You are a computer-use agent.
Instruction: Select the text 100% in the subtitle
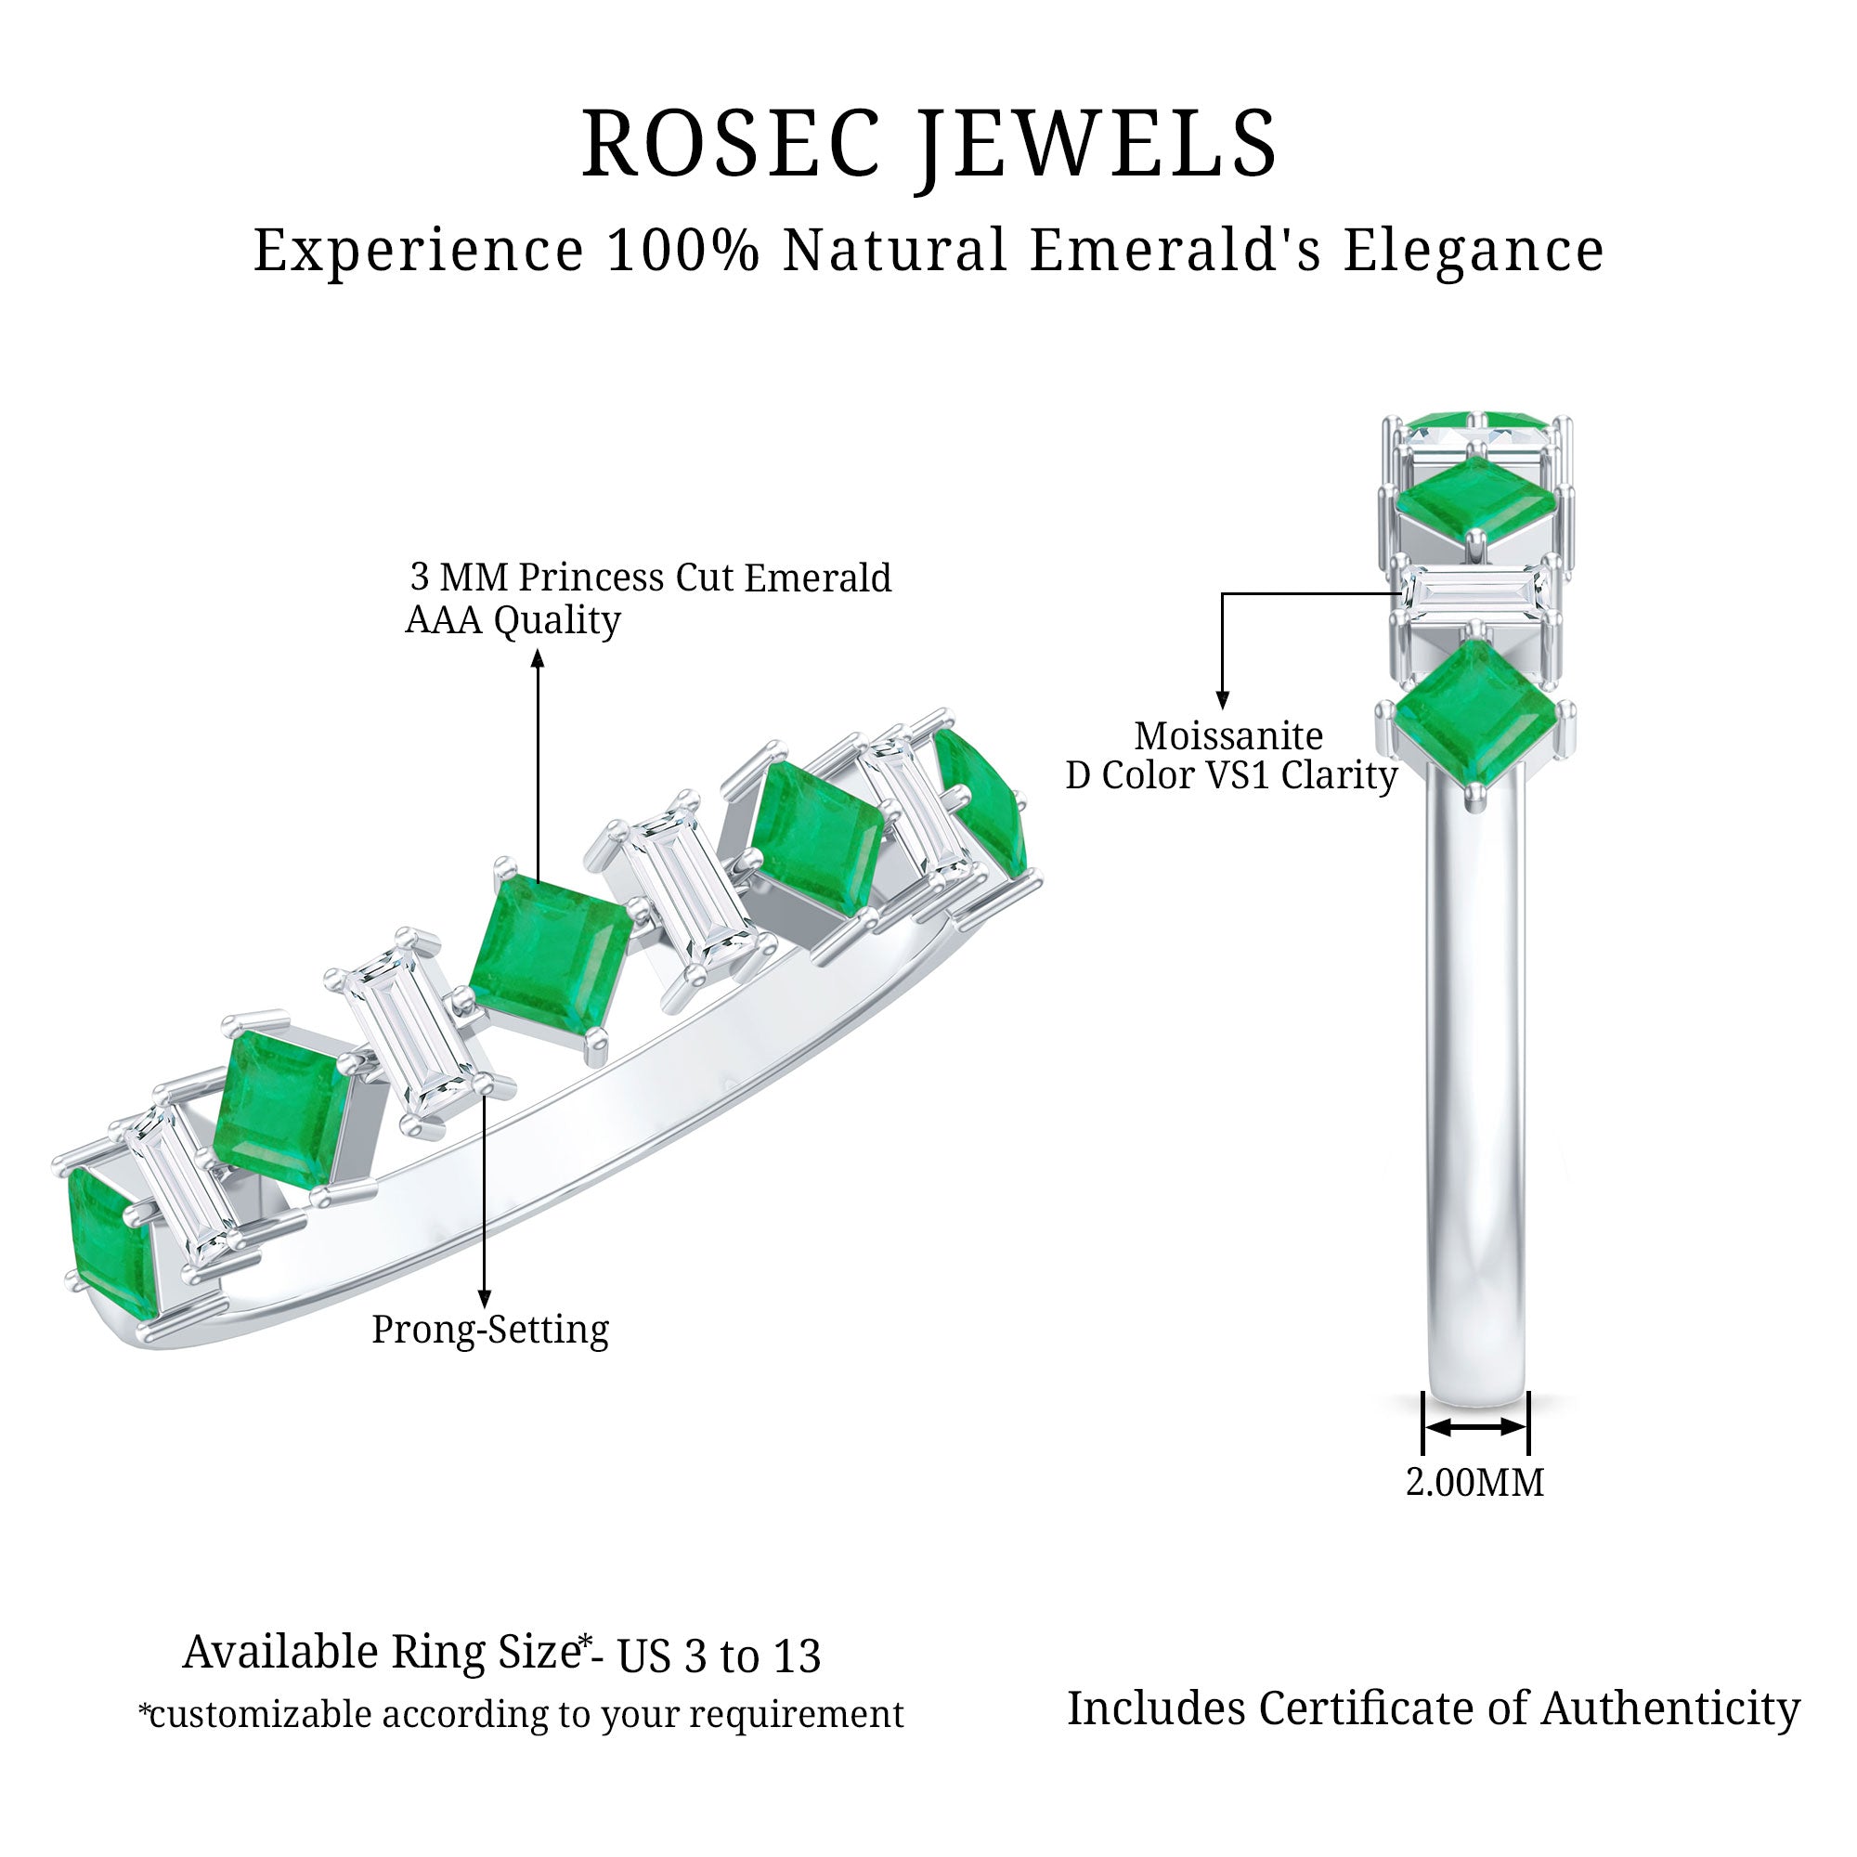coord(683,251)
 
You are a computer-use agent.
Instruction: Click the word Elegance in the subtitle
coord(1474,251)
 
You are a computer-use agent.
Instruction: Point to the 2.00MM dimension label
coord(1474,1483)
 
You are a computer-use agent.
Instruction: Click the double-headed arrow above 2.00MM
coord(1474,1427)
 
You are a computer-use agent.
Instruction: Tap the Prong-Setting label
coord(490,1331)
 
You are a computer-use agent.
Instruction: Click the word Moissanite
coord(1228,736)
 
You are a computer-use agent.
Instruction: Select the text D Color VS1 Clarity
coord(1231,775)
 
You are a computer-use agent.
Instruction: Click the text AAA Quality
coord(513,620)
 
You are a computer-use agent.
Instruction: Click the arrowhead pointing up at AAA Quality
coord(539,657)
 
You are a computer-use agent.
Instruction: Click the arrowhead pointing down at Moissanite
coord(1223,702)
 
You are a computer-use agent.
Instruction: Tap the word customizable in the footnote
coord(261,1715)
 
